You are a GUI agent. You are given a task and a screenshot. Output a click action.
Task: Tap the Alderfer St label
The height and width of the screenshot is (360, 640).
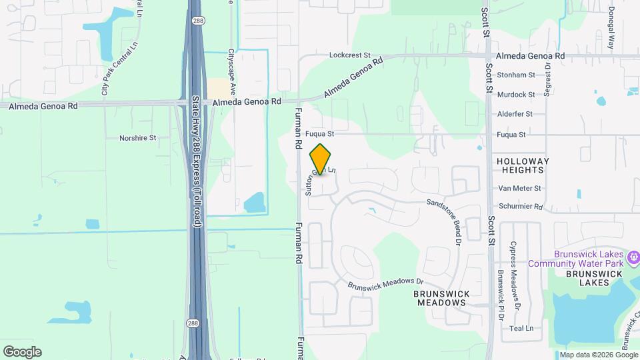(515, 114)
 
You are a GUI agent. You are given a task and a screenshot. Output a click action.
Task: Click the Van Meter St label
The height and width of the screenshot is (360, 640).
(519, 189)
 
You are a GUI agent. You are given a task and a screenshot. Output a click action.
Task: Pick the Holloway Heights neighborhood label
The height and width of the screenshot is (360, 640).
(523, 165)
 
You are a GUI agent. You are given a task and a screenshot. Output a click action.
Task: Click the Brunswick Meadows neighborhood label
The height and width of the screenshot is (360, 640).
(441, 298)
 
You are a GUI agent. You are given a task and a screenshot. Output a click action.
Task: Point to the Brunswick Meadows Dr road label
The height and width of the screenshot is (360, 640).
(385, 284)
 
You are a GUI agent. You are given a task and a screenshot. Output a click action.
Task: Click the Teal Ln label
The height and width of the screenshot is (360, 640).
(521, 328)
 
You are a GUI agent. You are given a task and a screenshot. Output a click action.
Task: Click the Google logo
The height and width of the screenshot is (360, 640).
(22, 352)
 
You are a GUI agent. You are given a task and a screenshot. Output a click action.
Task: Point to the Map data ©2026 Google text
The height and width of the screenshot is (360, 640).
(597, 355)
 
